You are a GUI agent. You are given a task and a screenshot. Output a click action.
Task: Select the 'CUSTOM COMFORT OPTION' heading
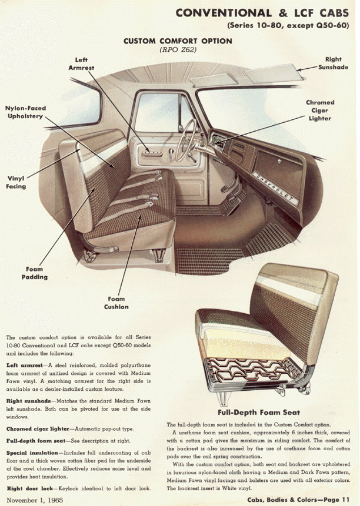pyautogui.click(x=178, y=41)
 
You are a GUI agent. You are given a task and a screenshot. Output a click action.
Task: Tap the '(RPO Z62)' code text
pyautogui.click(x=178, y=50)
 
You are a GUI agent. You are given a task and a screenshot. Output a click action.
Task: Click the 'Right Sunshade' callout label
pyautogui.click(x=333, y=63)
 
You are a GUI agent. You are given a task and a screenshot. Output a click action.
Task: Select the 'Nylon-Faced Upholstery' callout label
pyautogui.click(x=25, y=112)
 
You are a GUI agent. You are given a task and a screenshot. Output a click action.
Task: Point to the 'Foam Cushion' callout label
pyautogui.click(x=116, y=302)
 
